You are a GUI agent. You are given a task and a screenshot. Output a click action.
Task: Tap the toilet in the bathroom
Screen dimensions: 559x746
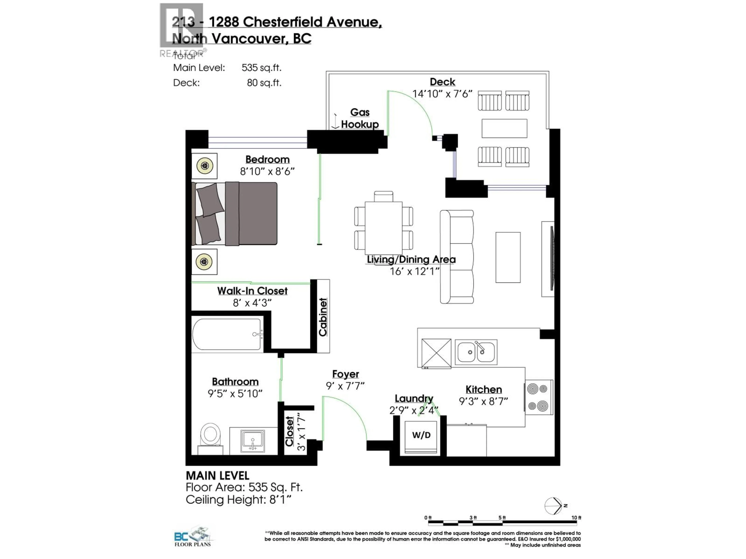pos(210,436)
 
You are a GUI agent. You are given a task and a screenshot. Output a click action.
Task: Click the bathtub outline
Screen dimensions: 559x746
pos(227,334)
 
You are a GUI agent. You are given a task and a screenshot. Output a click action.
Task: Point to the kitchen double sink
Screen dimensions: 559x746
pos(476,352)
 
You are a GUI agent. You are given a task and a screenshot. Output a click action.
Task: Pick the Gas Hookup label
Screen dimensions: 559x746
pos(360,118)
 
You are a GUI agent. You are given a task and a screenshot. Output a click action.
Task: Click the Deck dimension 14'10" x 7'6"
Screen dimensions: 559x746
pos(442,94)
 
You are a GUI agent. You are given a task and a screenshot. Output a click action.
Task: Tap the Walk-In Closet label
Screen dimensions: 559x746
pos(252,291)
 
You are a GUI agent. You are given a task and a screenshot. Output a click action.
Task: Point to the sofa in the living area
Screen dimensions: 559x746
pos(457,257)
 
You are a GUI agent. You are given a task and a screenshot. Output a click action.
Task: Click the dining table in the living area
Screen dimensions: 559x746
pos(383,228)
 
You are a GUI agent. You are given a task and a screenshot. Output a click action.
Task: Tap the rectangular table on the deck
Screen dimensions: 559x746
pos(504,128)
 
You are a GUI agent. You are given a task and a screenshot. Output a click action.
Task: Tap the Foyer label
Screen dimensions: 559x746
pos(345,374)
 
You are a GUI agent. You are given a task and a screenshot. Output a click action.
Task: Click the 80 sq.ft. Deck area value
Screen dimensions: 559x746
pos(264,83)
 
